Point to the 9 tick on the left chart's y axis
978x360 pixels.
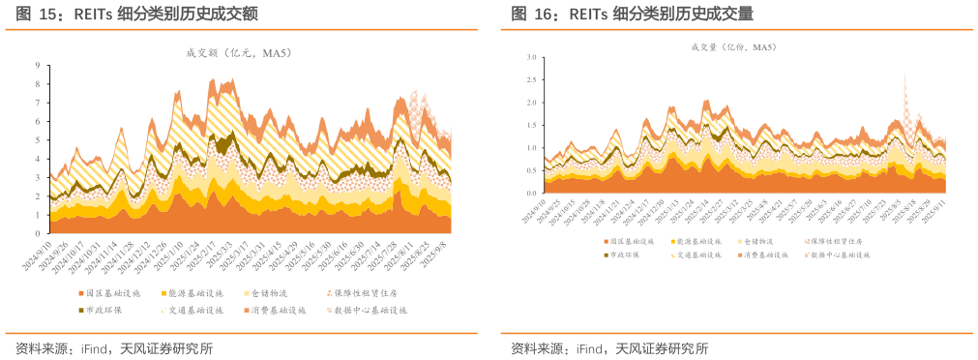38,66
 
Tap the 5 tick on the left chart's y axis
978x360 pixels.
38,140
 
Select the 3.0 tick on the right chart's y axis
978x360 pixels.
530,58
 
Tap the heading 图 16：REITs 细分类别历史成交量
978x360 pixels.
632,14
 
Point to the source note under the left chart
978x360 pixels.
114,348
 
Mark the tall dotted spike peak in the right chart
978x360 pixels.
904,74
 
